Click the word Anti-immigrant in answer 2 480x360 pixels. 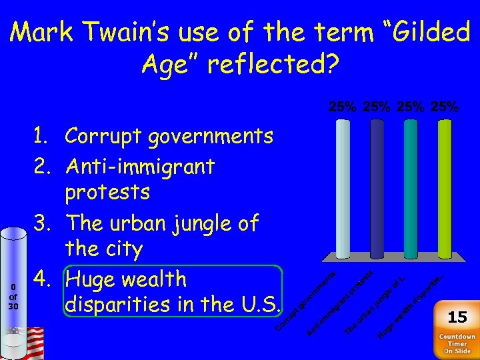click(139, 166)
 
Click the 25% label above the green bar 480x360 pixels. click(445, 107)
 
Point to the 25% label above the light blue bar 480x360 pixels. click(343, 107)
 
